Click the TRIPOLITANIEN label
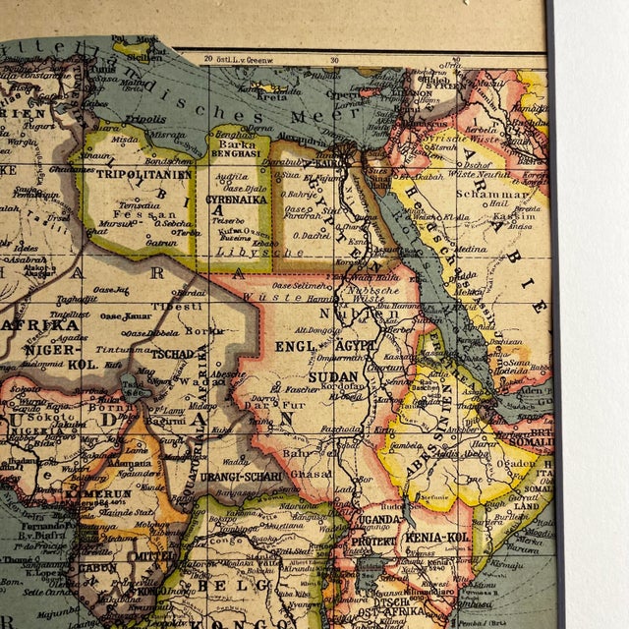tap(130, 174)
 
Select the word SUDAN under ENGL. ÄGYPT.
tap(332, 376)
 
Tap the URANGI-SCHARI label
tap(243, 477)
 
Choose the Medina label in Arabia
tap(470, 249)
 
